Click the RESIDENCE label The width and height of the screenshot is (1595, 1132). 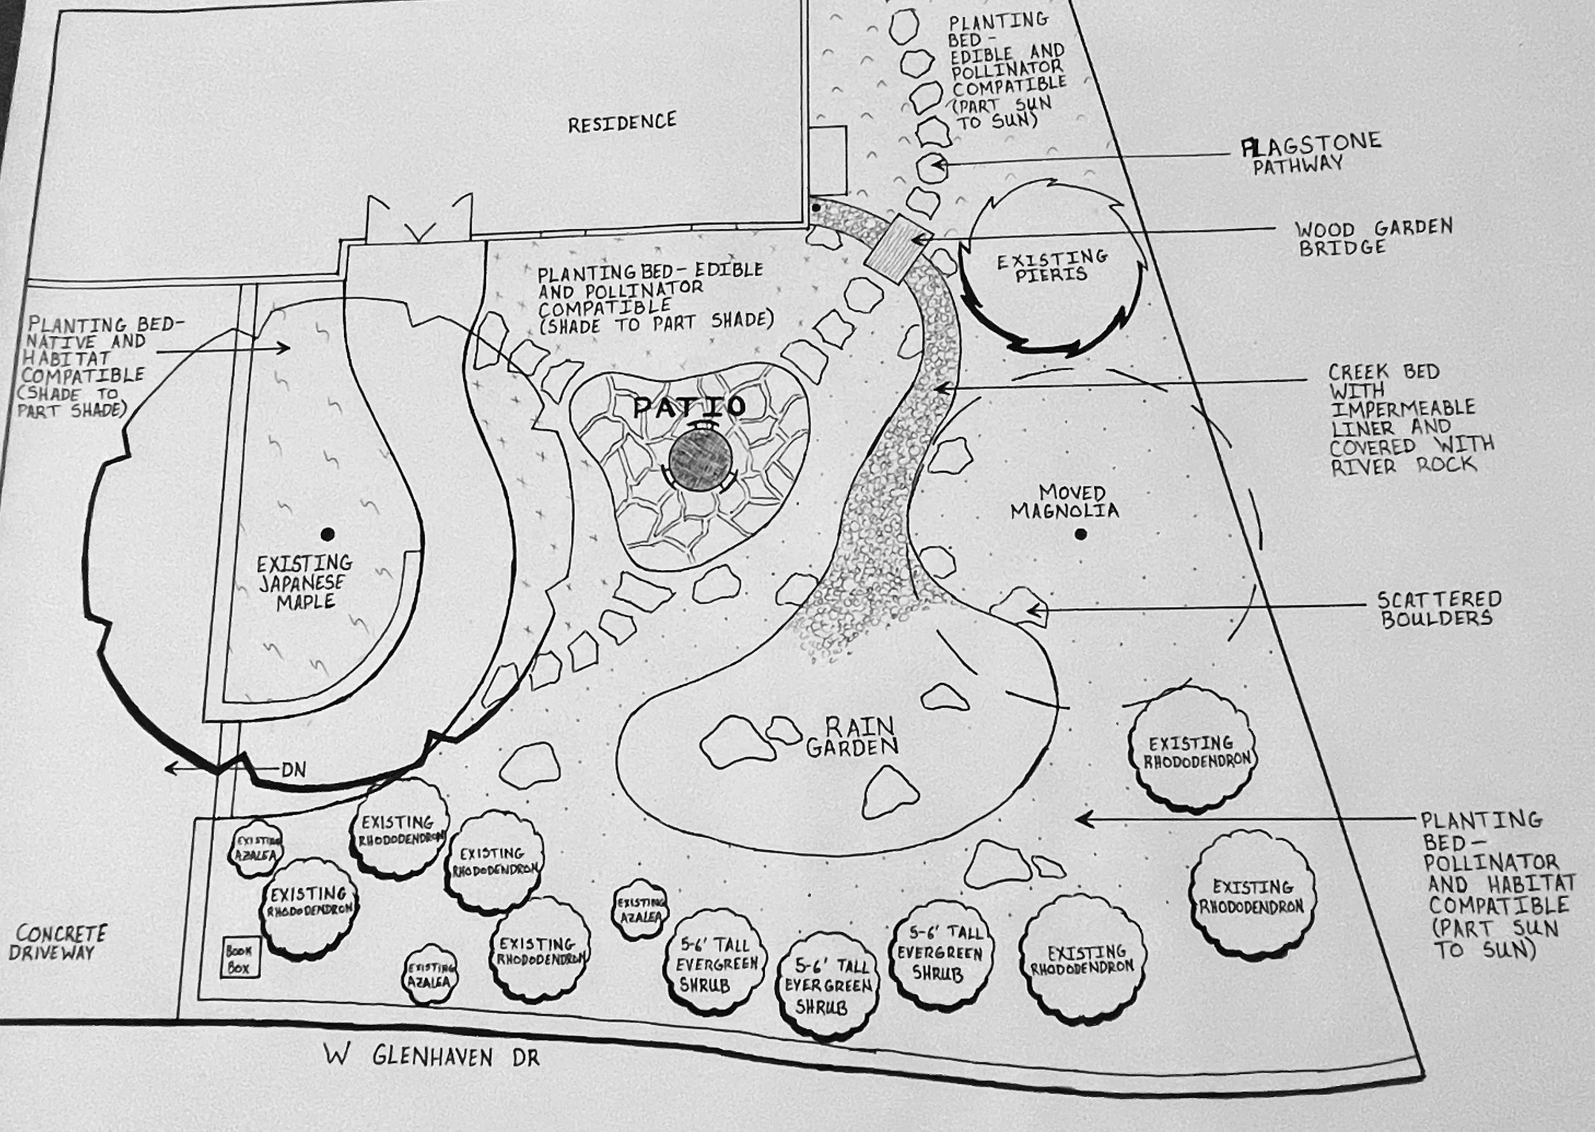[621, 122]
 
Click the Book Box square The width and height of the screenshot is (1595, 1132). [239, 959]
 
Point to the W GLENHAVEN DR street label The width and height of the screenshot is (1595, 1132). [431, 1055]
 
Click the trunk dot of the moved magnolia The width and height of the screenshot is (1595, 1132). [1081, 534]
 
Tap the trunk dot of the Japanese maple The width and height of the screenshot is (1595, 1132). [327, 534]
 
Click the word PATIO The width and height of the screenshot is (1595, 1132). [689, 406]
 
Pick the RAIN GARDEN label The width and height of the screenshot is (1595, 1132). [852, 737]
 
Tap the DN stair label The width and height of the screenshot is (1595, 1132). [293, 770]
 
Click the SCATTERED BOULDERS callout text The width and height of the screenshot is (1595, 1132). [1438, 609]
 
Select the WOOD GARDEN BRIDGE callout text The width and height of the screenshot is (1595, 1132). [1372, 237]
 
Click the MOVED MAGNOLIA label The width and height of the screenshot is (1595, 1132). [1064, 502]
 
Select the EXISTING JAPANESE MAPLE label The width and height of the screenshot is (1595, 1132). [304, 582]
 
